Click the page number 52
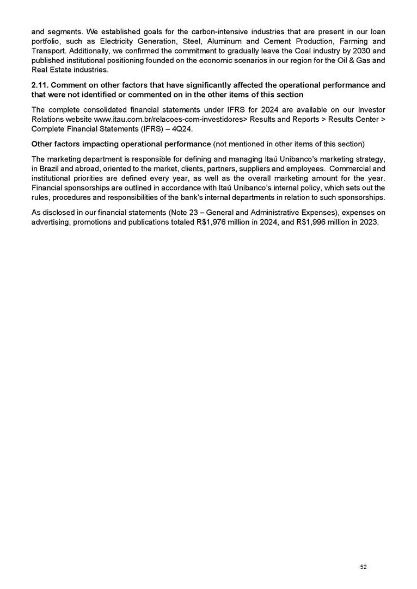point(364,567)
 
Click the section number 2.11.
point(41,85)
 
